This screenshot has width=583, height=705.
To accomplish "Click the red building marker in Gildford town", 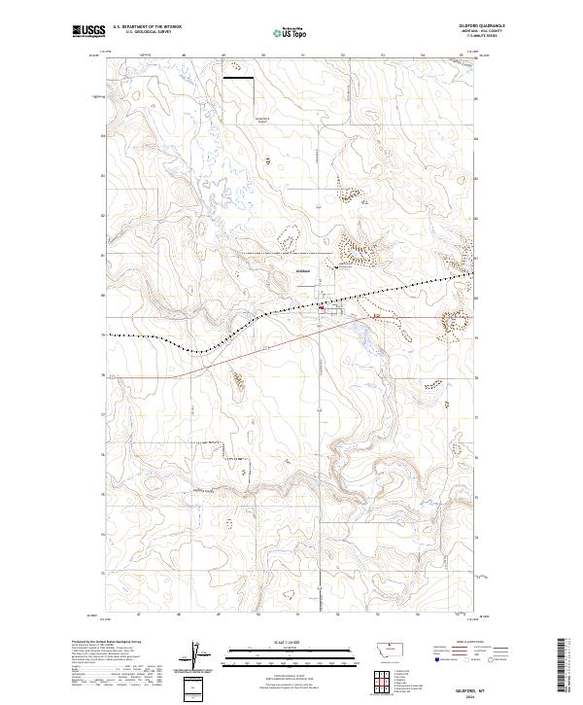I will point(323,310).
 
